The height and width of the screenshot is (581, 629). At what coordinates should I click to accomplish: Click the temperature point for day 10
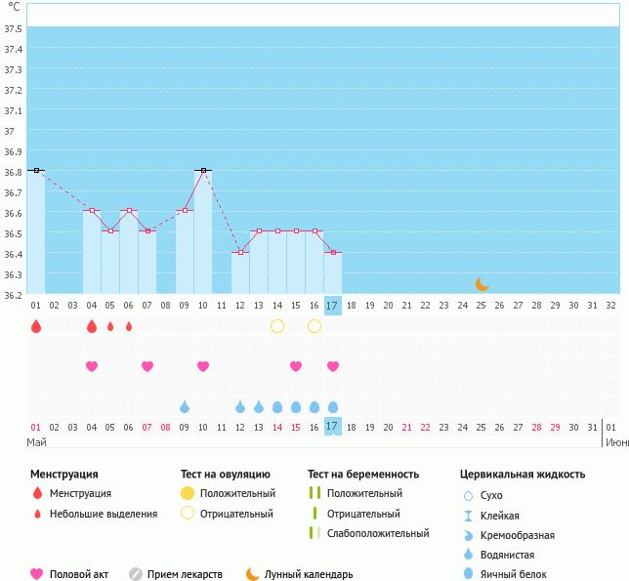coord(203,170)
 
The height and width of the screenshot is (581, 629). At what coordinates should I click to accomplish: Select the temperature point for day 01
coord(36,170)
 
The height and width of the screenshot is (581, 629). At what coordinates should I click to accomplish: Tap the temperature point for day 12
coord(240,252)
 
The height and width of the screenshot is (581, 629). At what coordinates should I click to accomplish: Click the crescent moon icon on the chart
coord(482,283)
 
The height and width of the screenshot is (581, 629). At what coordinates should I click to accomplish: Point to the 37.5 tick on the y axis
coord(14,28)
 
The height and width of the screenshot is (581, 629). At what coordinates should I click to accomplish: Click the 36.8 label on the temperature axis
coord(14,172)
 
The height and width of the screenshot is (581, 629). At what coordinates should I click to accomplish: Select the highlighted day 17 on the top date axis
coord(332,305)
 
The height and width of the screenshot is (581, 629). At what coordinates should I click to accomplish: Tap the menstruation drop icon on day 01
coord(36,326)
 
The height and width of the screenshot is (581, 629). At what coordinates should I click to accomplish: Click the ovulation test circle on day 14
coord(277,326)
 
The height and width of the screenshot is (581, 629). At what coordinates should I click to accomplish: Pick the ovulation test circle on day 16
coord(314,326)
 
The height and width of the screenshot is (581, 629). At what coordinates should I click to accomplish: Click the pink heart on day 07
coord(147,366)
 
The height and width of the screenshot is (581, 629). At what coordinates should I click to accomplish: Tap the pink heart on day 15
coord(296,366)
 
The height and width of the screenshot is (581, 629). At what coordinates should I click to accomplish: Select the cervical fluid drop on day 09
coord(185,406)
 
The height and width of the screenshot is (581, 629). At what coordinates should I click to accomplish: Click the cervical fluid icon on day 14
coord(277,406)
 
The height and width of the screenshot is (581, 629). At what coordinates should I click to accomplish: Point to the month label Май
coord(36,441)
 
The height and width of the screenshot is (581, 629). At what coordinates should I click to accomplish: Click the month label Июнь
coord(616,441)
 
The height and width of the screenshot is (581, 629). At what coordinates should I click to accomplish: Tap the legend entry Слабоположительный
coord(378,533)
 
